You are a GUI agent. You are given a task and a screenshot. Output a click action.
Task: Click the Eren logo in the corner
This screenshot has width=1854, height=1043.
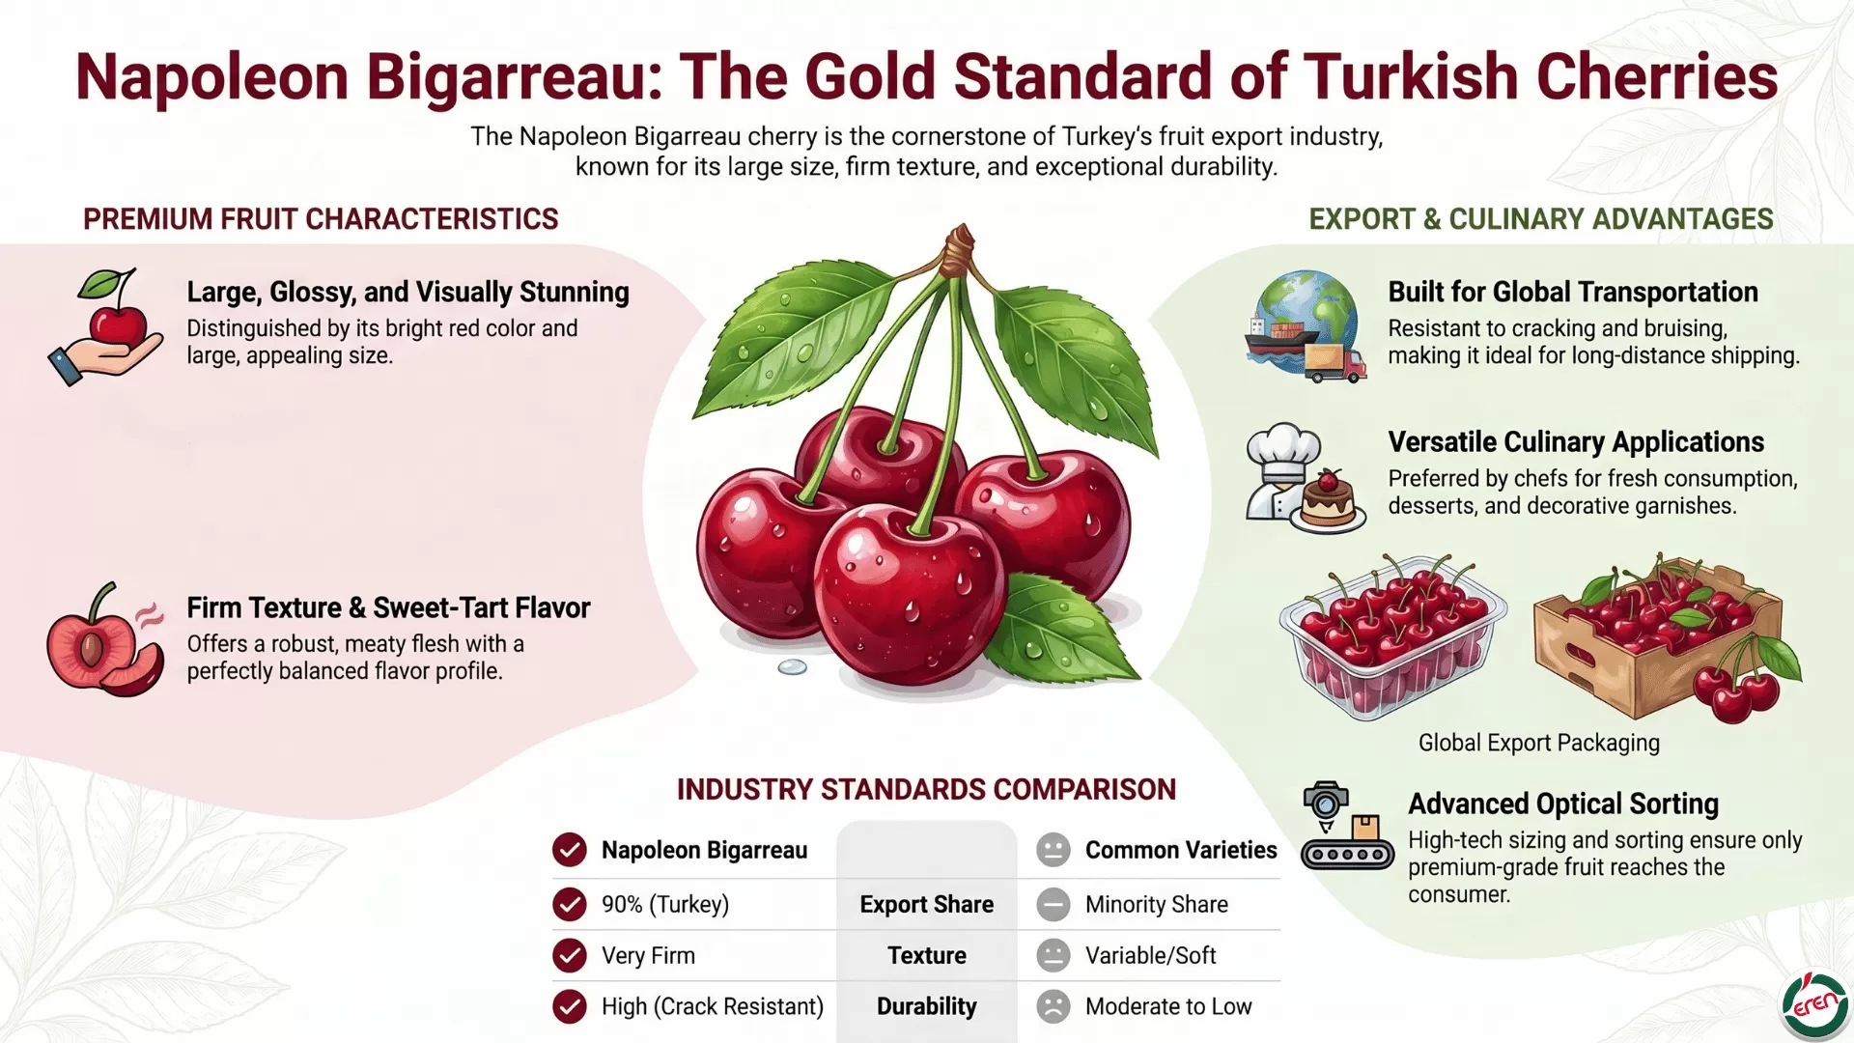[1814, 1006]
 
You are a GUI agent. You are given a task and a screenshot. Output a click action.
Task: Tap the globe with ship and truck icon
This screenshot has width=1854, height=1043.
[1305, 326]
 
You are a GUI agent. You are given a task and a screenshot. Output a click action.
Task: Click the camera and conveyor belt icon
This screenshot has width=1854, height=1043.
[1346, 827]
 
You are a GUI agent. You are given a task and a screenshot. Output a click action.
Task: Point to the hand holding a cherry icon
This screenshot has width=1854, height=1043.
[106, 326]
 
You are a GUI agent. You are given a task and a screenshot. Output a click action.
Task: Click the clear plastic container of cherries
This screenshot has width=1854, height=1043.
[1392, 636]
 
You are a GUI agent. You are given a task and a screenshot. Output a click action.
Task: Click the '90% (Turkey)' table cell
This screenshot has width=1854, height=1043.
[665, 905]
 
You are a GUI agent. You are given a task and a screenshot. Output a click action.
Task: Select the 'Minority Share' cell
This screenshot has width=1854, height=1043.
[1157, 905]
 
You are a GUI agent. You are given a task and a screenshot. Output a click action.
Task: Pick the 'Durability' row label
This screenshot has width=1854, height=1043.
[927, 1006]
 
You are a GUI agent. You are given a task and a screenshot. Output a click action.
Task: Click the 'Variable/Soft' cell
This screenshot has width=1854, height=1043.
[1150, 956]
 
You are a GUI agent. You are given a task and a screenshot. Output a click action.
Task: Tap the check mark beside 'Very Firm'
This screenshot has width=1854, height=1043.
[570, 956]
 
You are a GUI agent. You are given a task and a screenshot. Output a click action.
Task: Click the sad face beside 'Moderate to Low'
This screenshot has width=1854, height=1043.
[1053, 1006]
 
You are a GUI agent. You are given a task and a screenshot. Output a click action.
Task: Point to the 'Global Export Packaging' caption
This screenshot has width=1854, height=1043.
[1539, 743]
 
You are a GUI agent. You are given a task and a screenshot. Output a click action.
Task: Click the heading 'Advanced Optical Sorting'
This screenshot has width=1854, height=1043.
[1563, 803]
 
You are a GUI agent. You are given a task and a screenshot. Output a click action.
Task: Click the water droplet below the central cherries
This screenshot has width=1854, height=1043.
[792, 667]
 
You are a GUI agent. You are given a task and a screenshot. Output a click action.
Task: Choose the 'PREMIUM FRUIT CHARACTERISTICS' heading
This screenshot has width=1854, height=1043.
[321, 219]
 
